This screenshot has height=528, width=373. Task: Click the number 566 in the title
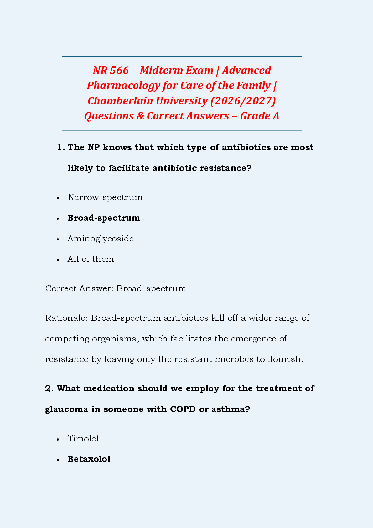coord(119,71)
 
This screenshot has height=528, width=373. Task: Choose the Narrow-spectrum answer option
coord(105,198)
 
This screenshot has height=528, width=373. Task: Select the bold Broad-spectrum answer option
coord(104,218)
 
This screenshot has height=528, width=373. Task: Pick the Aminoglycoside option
coord(101,239)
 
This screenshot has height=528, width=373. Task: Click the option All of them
coord(91,259)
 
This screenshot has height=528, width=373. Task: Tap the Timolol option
coord(83,439)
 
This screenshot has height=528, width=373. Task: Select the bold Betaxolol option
coord(89,459)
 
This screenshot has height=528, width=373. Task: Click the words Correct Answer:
coord(79,289)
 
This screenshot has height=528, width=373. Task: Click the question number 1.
coord(60,148)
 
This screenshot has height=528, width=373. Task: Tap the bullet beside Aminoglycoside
coord(58,239)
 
